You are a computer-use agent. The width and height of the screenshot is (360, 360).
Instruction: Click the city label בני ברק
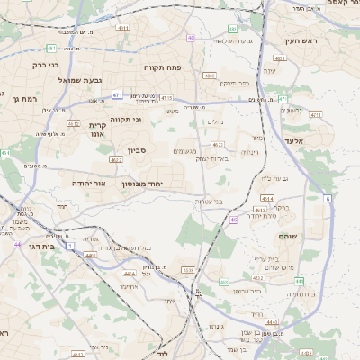tap(45, 65)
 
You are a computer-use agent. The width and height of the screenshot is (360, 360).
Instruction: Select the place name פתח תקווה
tap(162, 67)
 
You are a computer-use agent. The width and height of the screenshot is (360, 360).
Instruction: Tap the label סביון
tap(137, 151)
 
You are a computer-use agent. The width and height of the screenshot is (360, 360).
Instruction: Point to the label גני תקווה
tap(125, 119)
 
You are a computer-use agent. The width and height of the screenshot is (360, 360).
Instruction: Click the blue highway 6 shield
tap(328, 198)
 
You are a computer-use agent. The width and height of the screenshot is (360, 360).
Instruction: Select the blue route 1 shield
tap(70, 245)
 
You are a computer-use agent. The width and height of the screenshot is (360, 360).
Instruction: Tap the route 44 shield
tap(17, 244)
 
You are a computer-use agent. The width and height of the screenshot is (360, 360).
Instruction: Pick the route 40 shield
tap(191, 37)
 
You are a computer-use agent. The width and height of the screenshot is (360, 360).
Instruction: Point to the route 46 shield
tap(234, 220)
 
